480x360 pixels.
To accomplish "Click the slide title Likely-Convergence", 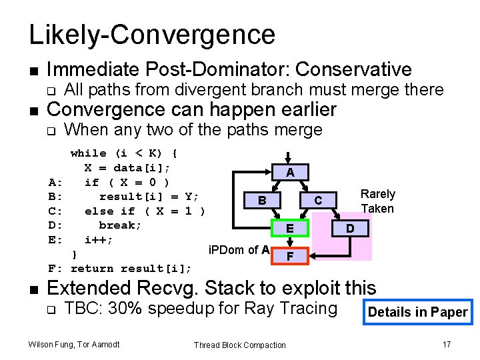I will point(152,35).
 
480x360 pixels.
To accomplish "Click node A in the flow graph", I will point(290,171).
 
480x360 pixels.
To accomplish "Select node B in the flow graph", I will point(263,200).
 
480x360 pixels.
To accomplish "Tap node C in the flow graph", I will point(318,200).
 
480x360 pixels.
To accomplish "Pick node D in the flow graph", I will point(349,229).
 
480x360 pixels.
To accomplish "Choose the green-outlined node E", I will point(290,229).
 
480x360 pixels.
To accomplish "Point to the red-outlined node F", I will point(290,255).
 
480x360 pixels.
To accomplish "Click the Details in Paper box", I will point(417,312).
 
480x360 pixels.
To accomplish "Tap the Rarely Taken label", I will point(377,201).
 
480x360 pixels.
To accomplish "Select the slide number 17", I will point(447,344).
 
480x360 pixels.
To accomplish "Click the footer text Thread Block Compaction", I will point(239,345).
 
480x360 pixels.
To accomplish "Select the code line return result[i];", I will point(131,269).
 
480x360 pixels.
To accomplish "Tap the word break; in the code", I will point(120,225).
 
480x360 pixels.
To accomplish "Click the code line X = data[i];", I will point(127,167).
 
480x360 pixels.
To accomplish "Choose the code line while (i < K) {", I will point(123,153).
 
